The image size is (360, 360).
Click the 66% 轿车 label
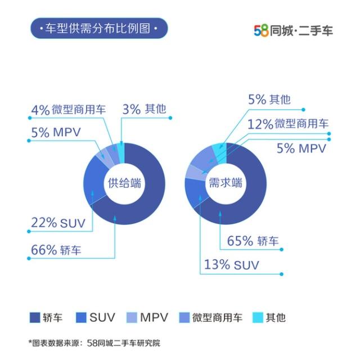pyautogui.click(x=56, y=250)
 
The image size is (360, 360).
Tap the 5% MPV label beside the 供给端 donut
pyautogui.click(x=56, y=133)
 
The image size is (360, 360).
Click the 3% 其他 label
pyautogui.click(x=145, y=109)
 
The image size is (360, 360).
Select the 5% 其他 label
pyautogui.click(x=269, y=100)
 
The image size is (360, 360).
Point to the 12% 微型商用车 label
pyautogui.click(x=289, y=124)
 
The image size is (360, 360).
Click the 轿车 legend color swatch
pyautogui.click(x=35, y=317)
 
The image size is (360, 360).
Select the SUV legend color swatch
pyautogui.click(x=81, y=317)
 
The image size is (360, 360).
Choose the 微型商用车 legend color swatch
pyautogui.click(x=183, y=317)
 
